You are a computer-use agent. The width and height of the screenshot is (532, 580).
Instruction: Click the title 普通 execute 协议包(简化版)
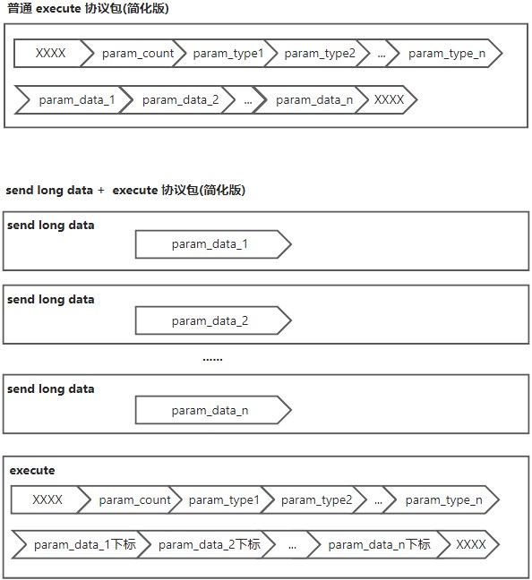(88, 8)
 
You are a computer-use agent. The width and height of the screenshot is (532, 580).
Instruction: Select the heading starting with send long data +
(125, 190)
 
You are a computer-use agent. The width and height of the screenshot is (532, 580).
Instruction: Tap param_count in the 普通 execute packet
(133, 54)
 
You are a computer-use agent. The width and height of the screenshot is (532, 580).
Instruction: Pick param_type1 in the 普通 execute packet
(226, 54)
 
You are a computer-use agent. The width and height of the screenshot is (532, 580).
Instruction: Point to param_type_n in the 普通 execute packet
(444, 54)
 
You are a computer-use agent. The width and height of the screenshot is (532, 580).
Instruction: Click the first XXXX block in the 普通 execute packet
(51, 54)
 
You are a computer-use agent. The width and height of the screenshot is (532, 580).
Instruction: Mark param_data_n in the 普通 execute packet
(311, 100)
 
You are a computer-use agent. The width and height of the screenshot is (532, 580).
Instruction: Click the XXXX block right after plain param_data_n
(387, 100)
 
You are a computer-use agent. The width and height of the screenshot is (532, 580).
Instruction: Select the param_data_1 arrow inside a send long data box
(213, 244)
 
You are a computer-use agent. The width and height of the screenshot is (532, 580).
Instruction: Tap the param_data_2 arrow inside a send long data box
(213, 320)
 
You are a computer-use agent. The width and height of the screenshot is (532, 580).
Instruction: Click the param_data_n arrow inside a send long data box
(213, 410)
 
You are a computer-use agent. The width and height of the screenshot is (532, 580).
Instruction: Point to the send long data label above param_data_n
(51, 389)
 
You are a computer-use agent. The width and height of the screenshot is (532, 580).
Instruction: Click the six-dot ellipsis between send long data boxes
(212, 359)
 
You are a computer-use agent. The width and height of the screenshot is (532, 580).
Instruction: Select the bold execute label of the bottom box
(32, 471)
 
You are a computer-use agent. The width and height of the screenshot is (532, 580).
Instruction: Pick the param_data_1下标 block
(82, 544)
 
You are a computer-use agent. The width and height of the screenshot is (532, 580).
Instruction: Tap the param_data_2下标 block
(207, 544)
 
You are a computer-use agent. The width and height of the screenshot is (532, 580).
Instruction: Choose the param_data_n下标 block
(378, 544)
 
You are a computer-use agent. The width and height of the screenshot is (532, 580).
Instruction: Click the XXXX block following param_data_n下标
(468, 544)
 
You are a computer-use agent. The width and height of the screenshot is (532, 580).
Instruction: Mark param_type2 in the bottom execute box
(314, 500)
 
